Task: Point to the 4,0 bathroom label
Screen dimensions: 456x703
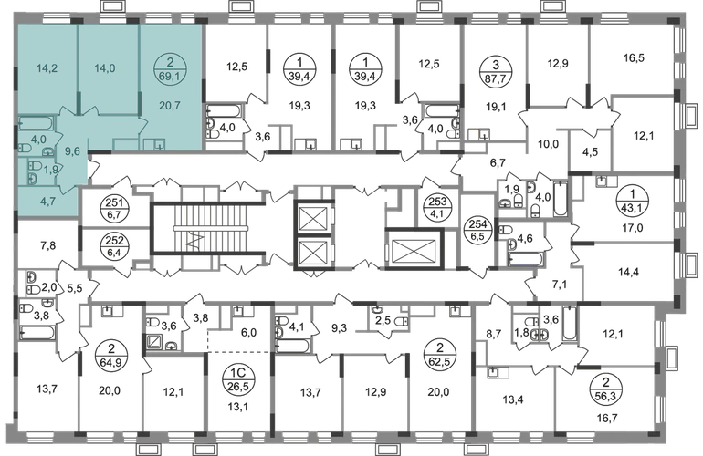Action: tap(38, 140)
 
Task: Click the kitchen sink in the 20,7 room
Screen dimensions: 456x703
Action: tap(158, 143)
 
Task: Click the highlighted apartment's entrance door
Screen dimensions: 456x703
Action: tap(90, 166)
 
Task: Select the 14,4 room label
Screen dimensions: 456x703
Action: tap(625, 271)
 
